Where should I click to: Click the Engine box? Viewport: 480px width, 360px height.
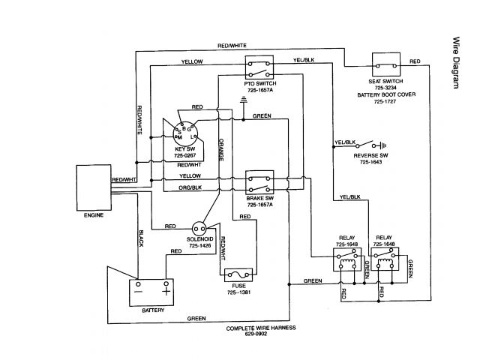(x=91, y=189)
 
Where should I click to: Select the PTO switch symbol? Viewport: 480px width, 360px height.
(x=259, y=67)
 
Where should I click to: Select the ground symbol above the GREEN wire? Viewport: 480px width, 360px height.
(x=243, y=100)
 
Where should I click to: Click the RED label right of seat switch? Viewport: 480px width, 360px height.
(x=415, y=61)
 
